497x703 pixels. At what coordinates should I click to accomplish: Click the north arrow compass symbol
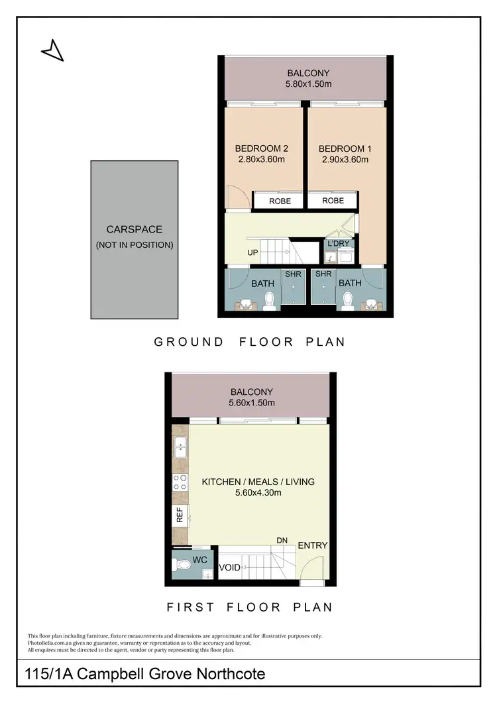(52, 51)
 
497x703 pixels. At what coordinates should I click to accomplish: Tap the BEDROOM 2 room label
(260, 148)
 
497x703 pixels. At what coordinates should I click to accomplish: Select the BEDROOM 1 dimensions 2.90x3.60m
(343, 160)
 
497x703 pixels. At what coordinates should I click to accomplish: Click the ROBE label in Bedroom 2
(280, 201)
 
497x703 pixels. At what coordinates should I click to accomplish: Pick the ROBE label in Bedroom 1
(333, 200)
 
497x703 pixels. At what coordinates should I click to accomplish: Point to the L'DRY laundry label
(338, 244)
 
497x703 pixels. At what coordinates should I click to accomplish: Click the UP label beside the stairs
(253, 253)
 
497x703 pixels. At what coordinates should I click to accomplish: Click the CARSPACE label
(135, 229)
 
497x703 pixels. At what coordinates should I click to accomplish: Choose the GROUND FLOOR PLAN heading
(250, 342)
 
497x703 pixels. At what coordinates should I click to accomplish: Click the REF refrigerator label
(180, 515)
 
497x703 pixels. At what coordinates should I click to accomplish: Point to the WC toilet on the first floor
(186, 566)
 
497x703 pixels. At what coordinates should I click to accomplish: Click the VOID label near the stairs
(229, 567)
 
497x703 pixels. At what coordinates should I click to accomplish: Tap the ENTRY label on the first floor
(313, 545)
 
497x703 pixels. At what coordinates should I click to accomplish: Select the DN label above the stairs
(282, 541)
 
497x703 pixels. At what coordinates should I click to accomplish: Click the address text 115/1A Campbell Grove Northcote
(144, 675)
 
